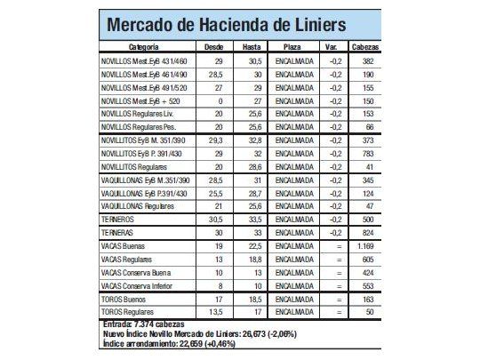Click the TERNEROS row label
click(120, 218)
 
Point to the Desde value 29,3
click(213, 140)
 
